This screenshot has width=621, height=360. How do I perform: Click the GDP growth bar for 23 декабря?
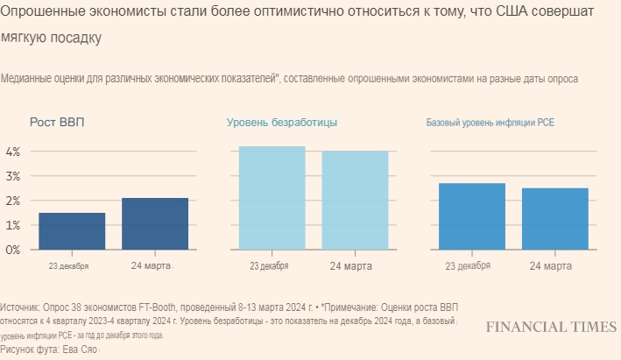pyautogui.click(x=72, y=231)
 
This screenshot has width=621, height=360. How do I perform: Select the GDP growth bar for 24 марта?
pyautogui.click(x=154, y=223)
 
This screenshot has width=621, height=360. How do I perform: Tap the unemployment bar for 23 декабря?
pyautogui.click(x=272, y=198)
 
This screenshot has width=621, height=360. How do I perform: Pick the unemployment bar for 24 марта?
pyautogui.click(x=355, y=201)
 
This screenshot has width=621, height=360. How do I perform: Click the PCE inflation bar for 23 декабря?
pyautogui.click(x=472, y=216)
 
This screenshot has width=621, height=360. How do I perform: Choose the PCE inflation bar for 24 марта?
pyautogui.click(x=554, y=219)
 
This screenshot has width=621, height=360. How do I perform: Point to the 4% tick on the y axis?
pyautogui.click(x=12, y=152)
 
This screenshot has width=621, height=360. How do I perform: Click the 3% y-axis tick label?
pyautogui.click(x=12, y=176)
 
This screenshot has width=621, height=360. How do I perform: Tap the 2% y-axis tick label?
pyautogui.click(x=12, y=201)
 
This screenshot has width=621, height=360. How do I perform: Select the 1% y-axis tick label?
pyautogui.click(x=12, y=225)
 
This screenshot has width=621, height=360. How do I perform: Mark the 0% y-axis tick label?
pyautogui.click(x=12, y=250)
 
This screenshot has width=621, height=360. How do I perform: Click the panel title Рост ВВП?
pyautogui.click(x=58, y=123)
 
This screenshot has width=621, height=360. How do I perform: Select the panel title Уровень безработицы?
pyautogui.click(x=281, y=123)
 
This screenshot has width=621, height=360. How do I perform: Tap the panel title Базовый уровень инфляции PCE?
pyautogui.click(x=490, y=123)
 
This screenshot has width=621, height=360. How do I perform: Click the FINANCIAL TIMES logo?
pyautogui.click(x=551, y=327)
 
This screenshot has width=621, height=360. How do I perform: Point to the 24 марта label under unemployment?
pyautogui.click(x=352, y=265)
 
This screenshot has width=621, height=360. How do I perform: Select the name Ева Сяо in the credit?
pyautogui.click(x=80, y=349)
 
